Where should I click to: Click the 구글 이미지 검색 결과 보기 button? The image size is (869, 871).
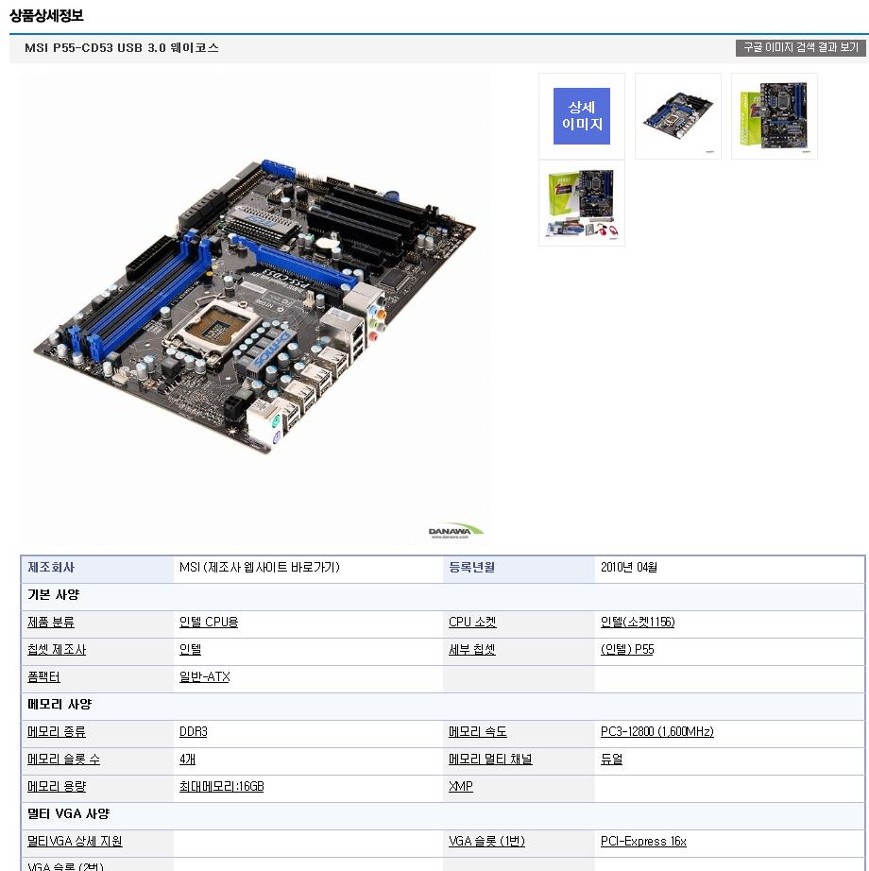point(800,48)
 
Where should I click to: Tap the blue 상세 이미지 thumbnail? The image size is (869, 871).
point(581,116)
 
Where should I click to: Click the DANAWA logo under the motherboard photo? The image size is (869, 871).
point(455,531)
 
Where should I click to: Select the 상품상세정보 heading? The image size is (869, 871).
point(46,15)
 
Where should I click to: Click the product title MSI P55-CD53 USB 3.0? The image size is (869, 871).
point(95,48)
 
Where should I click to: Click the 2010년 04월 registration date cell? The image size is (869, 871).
point(628,567)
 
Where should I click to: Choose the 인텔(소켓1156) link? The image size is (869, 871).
point(638,623)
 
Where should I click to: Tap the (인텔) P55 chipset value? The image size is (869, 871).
point(627,649)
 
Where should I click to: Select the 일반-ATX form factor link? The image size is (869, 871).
point(204,676)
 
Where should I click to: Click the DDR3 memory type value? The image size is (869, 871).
point(194,731)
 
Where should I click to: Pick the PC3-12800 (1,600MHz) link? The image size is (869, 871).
point(656,731)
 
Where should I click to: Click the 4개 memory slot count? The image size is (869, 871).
point(187,759)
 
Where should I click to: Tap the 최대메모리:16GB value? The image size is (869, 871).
point(222,787)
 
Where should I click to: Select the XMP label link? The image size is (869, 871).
point(460,787)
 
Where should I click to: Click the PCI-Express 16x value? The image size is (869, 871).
point(643,841)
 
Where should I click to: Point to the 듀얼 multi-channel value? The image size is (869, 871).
point(611,759)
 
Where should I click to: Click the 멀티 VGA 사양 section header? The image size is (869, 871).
point(68,813)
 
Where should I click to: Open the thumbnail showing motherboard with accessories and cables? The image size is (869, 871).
point(581,203)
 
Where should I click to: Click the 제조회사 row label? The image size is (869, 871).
point(51,567)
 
